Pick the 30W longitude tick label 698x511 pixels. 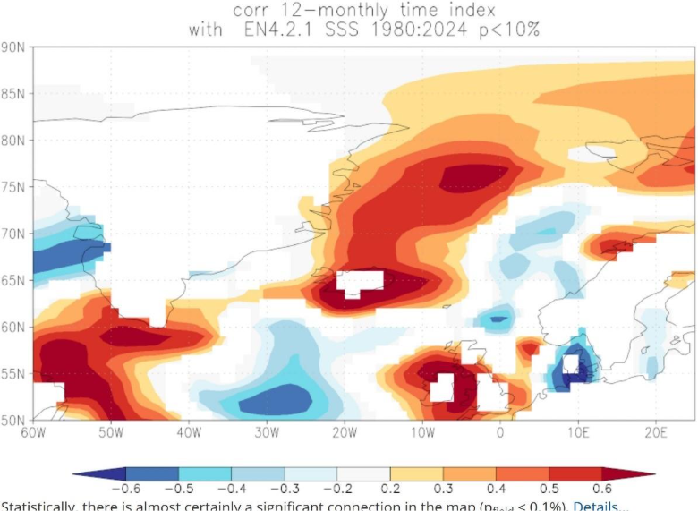click(x=267, y=433)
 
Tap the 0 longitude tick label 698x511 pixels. click(x=499, y=433)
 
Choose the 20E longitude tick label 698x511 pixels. click(x=656, y=433)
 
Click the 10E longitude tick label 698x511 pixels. click(x=578, y=433)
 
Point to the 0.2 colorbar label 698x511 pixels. click(x=390, y=489)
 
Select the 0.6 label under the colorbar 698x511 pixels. click(x=601, y=489)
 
